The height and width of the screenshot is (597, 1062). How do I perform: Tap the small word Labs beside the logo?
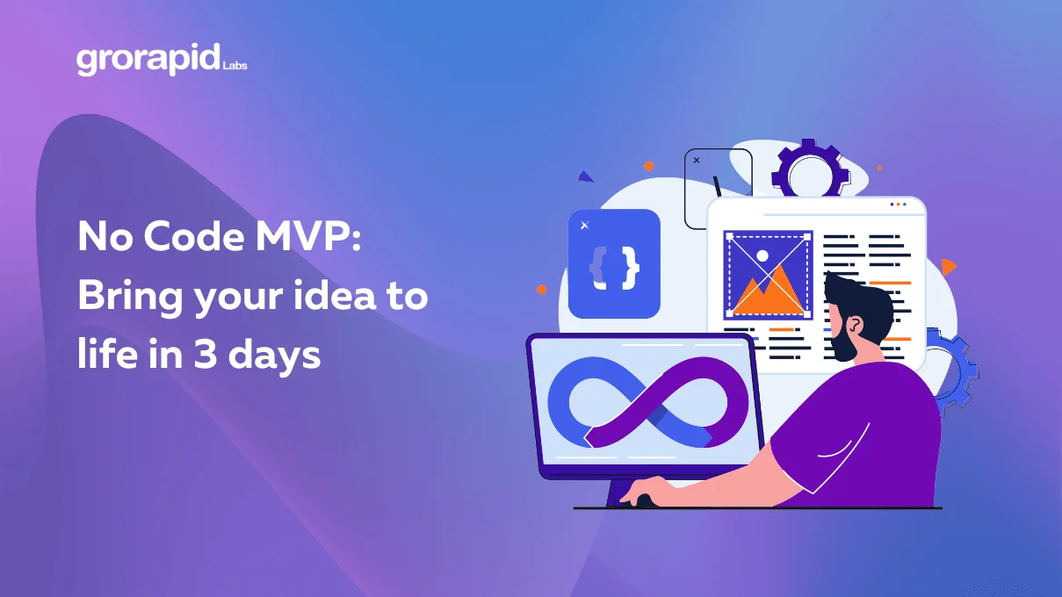pyautogui.click(x=235, y=65)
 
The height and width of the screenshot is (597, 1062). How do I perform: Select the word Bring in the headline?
pyautogui.click(x=128, y=297)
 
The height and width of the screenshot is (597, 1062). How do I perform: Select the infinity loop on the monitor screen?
pyautogui.click(x=648, y=402)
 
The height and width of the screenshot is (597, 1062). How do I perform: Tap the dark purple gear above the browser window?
pyautogui.click(x=810, y=171)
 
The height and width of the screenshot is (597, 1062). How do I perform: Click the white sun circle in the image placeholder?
pyautogui.click(x=762, y=256)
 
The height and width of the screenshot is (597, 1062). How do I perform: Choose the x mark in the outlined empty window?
pyautogui.click(x=697, y=161)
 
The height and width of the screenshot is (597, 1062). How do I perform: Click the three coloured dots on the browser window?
pyautogui.click(x=898, y=205)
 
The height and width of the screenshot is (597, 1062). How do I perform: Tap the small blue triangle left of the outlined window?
pyautogui.click(x=585, y=176)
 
